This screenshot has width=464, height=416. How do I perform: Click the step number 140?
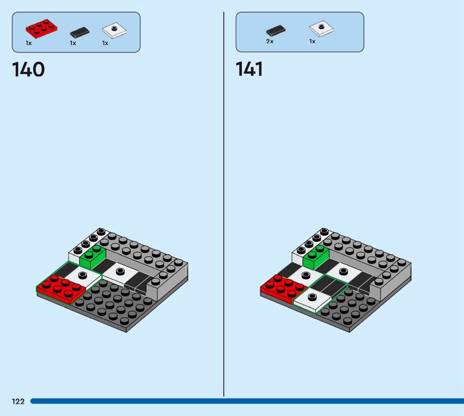click(28, 70)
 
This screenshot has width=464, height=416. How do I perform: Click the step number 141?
click(249, 70)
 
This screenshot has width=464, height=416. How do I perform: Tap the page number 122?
click(19, 401)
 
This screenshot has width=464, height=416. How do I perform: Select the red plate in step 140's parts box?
click(41, 28)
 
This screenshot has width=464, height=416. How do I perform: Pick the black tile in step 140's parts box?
click(79, 32)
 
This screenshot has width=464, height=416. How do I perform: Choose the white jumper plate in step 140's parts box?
click(114, 30)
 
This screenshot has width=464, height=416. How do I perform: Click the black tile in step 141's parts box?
click(276, 31)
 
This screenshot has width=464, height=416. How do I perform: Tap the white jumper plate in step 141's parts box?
click(322, 28)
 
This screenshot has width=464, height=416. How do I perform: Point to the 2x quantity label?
click(270, 41)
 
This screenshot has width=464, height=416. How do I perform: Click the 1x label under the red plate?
click(28, 43)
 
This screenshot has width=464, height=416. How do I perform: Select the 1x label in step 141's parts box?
click(312, 41)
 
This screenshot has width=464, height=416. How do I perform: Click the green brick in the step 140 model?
click(92, 256)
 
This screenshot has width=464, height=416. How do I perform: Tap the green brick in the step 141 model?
click(316, 256)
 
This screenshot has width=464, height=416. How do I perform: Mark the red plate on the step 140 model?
click(61, 289)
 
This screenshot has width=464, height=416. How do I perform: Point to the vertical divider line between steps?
click(224, 204)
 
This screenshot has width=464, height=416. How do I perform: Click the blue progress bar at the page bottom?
click(247, 401)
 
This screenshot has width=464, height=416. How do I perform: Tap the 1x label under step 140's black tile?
click(73, 43)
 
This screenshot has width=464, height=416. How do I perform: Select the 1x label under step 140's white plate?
click(106, 43)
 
